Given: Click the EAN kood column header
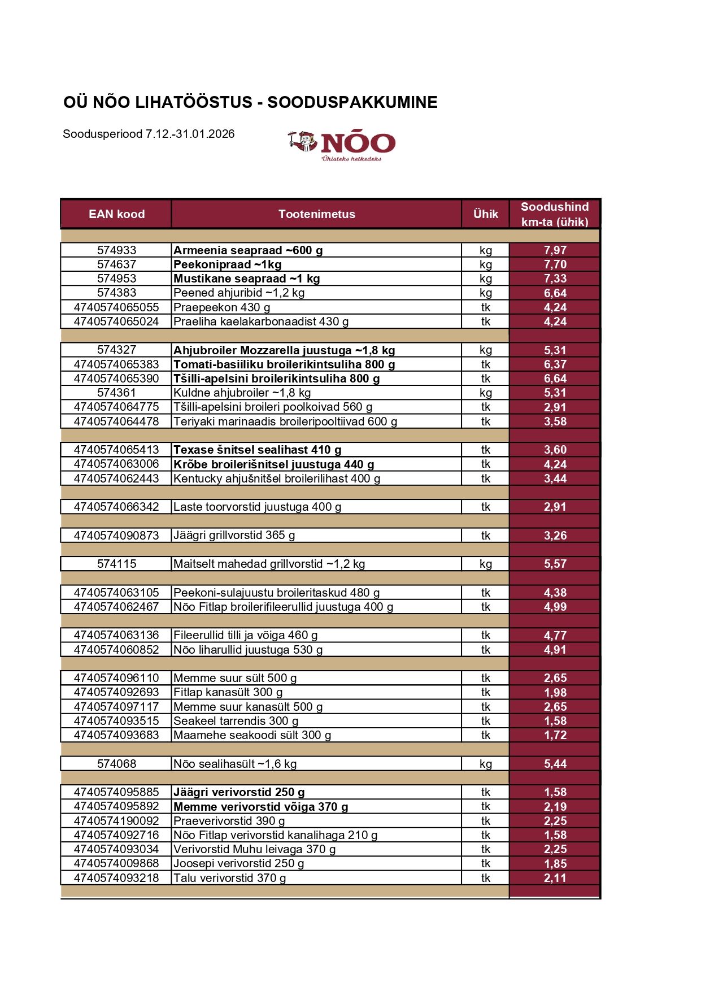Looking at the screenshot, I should [116, 214].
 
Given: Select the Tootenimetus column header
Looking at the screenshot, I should [316, 214].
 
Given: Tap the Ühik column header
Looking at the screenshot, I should [485, 214].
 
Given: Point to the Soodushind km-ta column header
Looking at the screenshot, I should [554, 214].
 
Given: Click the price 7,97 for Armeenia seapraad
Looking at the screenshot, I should [555, 250].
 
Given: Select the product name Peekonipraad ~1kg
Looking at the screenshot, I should [228, 264].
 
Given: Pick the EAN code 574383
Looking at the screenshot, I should [116, 293].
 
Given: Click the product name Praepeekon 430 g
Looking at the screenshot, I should [222, 307].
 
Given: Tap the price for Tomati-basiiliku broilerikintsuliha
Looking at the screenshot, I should [555, 364].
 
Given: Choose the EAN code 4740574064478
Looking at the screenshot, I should [116, 421].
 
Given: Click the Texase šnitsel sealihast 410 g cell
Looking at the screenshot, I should [258, 450].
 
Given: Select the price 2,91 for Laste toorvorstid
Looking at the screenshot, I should [555, 507].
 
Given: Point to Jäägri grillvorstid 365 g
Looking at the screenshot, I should [234, 535].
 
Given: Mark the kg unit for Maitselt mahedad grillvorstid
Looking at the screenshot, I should [485, 564].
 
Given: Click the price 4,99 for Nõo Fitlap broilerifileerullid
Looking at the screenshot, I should [555, 607].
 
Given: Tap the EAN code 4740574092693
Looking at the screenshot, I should [116, 692].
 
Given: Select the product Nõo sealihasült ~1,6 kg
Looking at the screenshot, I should [235, 764].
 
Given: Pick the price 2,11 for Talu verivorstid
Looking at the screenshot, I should [555, 878].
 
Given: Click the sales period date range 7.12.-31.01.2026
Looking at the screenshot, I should [190, 134].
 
